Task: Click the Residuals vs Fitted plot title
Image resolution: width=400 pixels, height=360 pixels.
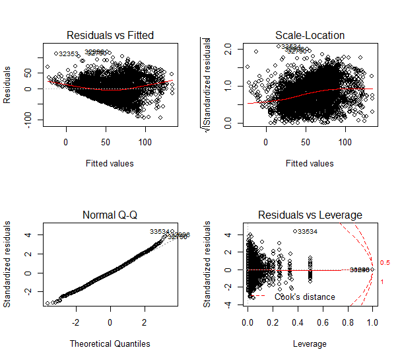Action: click(109, 35)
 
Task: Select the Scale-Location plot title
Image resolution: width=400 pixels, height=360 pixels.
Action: click(310, 35)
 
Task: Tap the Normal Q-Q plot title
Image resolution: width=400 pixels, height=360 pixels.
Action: click(109, 215)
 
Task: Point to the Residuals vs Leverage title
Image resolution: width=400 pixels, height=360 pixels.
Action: click(310, 215)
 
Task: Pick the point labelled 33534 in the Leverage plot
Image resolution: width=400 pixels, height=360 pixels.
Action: click(294, 231)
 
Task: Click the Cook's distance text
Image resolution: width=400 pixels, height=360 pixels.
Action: click(310, 297)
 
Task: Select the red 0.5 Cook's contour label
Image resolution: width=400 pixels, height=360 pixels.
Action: click(385, 263)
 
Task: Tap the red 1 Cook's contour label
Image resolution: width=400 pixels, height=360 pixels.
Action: click(383, 282)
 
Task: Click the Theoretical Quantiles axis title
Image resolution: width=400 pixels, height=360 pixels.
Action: click(109, 343)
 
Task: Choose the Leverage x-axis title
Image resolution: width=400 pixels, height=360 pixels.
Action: click(310, 343)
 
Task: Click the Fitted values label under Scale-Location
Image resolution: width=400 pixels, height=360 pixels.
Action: click(310, 163)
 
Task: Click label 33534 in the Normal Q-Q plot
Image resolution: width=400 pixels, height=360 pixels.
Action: click(160, 232)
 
